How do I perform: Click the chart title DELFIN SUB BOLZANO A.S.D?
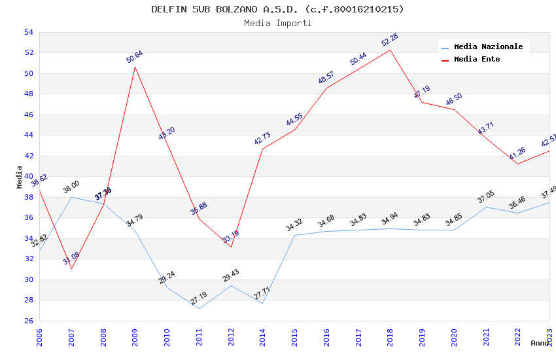(277, 9)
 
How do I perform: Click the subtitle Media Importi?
(277, 23)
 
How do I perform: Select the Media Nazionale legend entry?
(488, 46)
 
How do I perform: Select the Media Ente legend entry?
(476, 59)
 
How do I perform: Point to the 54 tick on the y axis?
(28, 32)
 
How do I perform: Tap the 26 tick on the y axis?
(28, 321)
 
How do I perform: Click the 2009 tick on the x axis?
(135, 338)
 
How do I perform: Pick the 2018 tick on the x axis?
(391, 338)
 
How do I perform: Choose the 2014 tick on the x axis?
(263, 338)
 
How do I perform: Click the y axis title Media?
(19, 177)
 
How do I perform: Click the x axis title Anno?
(540, 343)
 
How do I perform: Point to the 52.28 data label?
(390, 40)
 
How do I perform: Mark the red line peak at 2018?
(391, 50)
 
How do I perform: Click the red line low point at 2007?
(71, 268)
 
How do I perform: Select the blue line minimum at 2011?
(199, 308)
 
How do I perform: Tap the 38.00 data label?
(71, 187)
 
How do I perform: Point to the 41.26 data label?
(517, 154)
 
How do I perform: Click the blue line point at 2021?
(486, 207)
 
